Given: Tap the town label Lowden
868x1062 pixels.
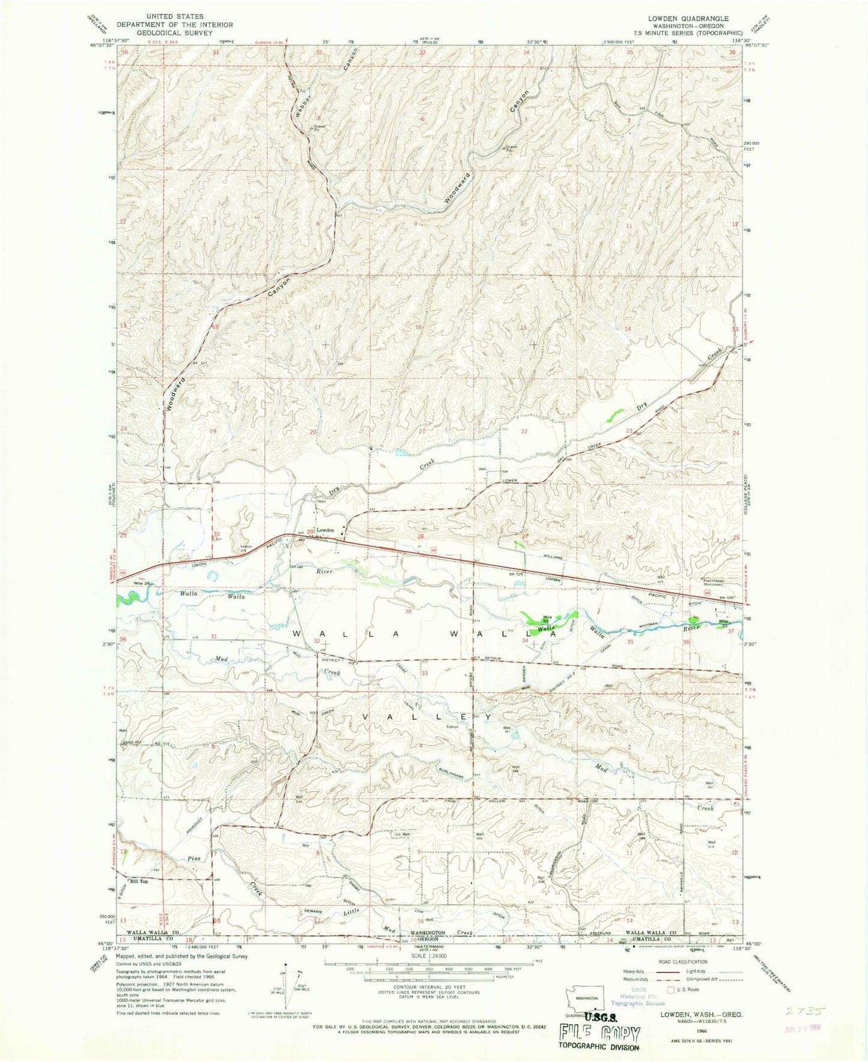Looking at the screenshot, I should coord(325,530).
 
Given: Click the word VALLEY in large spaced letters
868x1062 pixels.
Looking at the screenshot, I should coord(427,717).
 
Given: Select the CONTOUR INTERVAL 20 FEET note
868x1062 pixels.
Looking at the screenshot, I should coord(428,986).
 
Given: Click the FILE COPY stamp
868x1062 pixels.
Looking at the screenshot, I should coord(599,1033).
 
